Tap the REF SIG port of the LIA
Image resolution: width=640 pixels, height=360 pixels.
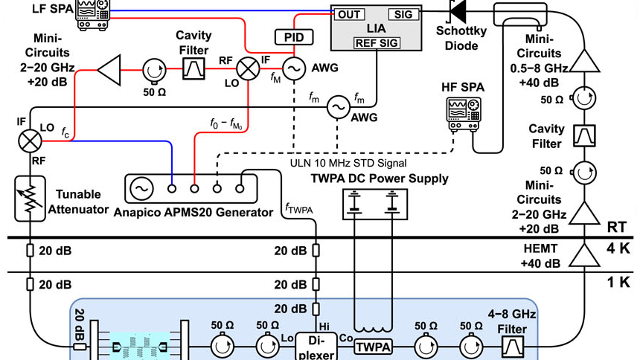tap(376, 43)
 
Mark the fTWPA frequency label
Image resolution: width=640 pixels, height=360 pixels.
tap(298, 209)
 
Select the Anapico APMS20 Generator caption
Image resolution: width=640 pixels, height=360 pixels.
tap(193, 213)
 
